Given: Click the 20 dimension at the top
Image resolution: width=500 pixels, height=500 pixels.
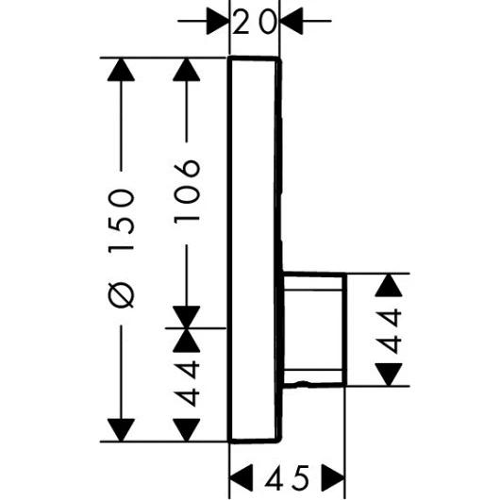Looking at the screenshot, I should (x=255, y=19).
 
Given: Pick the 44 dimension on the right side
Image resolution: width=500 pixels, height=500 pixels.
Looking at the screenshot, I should (x=390, y=331).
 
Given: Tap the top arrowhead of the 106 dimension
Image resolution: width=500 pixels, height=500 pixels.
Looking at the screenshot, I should (x=187, y=74).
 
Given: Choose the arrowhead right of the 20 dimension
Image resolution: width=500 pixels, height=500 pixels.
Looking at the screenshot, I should (x=292, y=19).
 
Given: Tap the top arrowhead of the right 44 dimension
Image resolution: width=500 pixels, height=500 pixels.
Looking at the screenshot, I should (x=390, y=287).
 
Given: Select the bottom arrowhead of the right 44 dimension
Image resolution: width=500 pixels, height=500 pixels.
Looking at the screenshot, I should (x=390, y=375).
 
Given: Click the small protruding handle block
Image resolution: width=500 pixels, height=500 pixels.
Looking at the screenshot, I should (x=314, y=330).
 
